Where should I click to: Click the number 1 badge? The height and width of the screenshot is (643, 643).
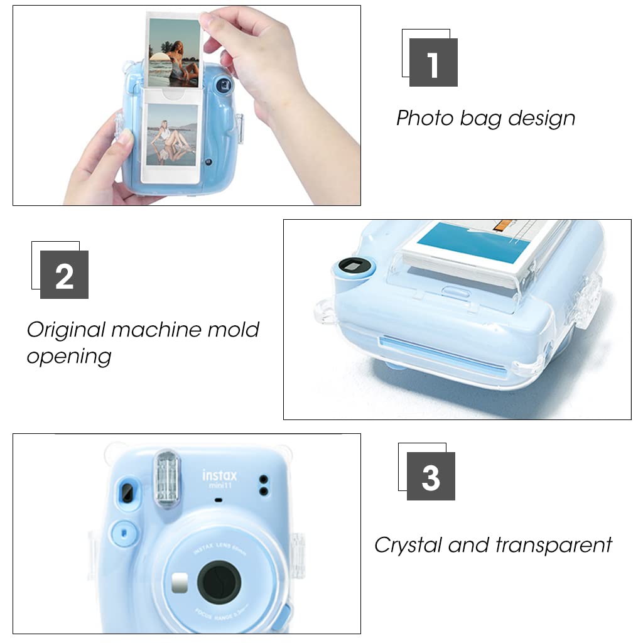pos(433,62)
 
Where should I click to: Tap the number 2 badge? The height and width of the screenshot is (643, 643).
pos(64,274)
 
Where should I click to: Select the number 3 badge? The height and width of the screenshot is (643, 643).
pos(431,476)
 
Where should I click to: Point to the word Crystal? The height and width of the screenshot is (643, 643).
pos(408,544)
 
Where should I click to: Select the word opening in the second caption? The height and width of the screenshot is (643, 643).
pos(69,356)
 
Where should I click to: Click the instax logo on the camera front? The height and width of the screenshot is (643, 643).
pos(219,477)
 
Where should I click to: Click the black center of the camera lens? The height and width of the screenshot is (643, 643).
pos(218,581)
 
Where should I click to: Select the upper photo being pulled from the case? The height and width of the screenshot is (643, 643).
pos(173,53)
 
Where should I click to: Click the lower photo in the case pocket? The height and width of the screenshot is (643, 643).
pos(171,136)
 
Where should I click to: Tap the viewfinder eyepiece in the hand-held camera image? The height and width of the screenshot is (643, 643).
pos(222,84)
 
